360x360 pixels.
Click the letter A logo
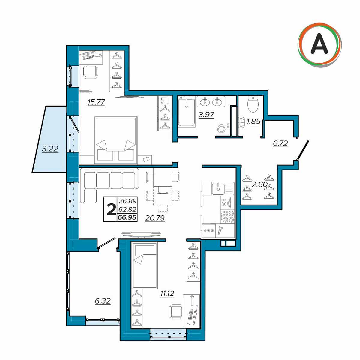tap(319, 45)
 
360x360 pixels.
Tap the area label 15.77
tap(96, 102)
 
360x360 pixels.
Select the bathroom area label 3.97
tap(206, 115)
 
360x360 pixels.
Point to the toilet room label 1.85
tap(253, 121)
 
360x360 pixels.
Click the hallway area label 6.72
tap(280, 143)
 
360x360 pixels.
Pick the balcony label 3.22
tap(50, 149)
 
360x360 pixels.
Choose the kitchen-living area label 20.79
tap(155, 218)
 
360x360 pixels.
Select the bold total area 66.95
tap(127, 217)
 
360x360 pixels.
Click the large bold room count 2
tap(111, 210)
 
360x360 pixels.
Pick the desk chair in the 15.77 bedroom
tap(91, 72)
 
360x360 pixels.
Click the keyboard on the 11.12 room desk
tap(191, 314)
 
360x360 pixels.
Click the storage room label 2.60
tap(259, 184)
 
